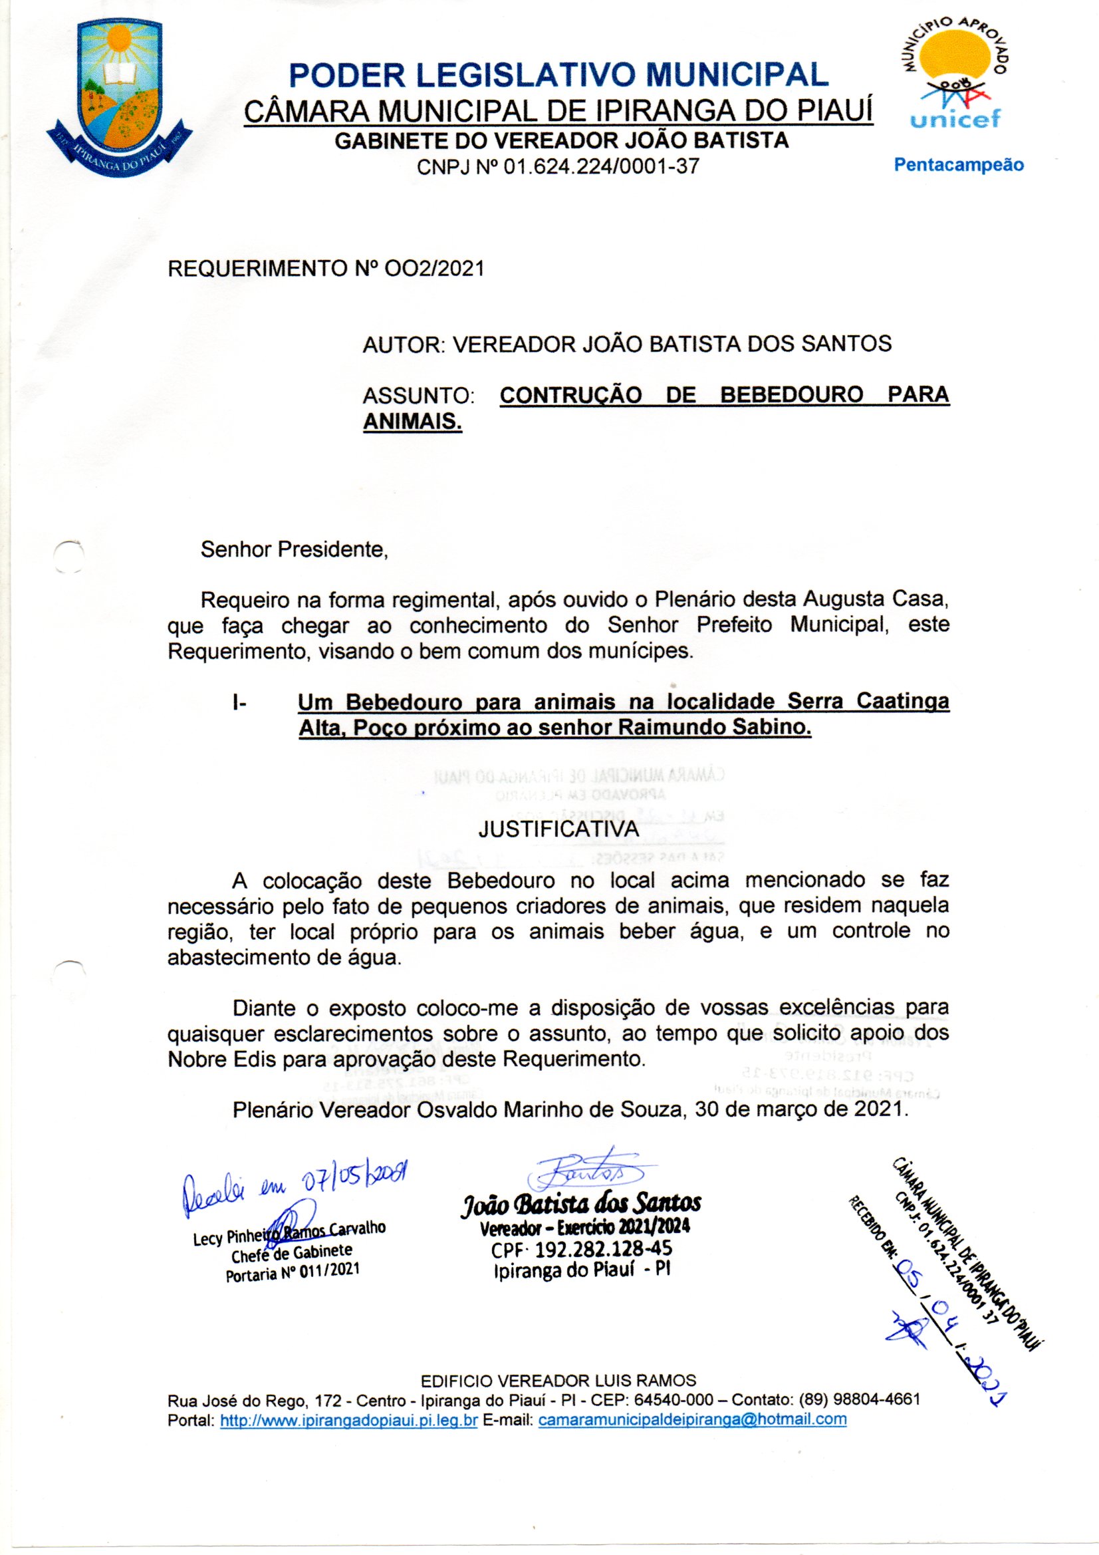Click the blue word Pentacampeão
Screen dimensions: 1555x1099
[959, 164]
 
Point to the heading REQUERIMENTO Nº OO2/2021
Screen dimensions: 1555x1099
[326, 269]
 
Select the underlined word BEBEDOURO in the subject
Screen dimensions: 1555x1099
[792, 395]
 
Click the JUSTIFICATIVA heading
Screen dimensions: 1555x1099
[558, 829]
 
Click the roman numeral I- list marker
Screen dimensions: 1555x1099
[239, 702]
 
